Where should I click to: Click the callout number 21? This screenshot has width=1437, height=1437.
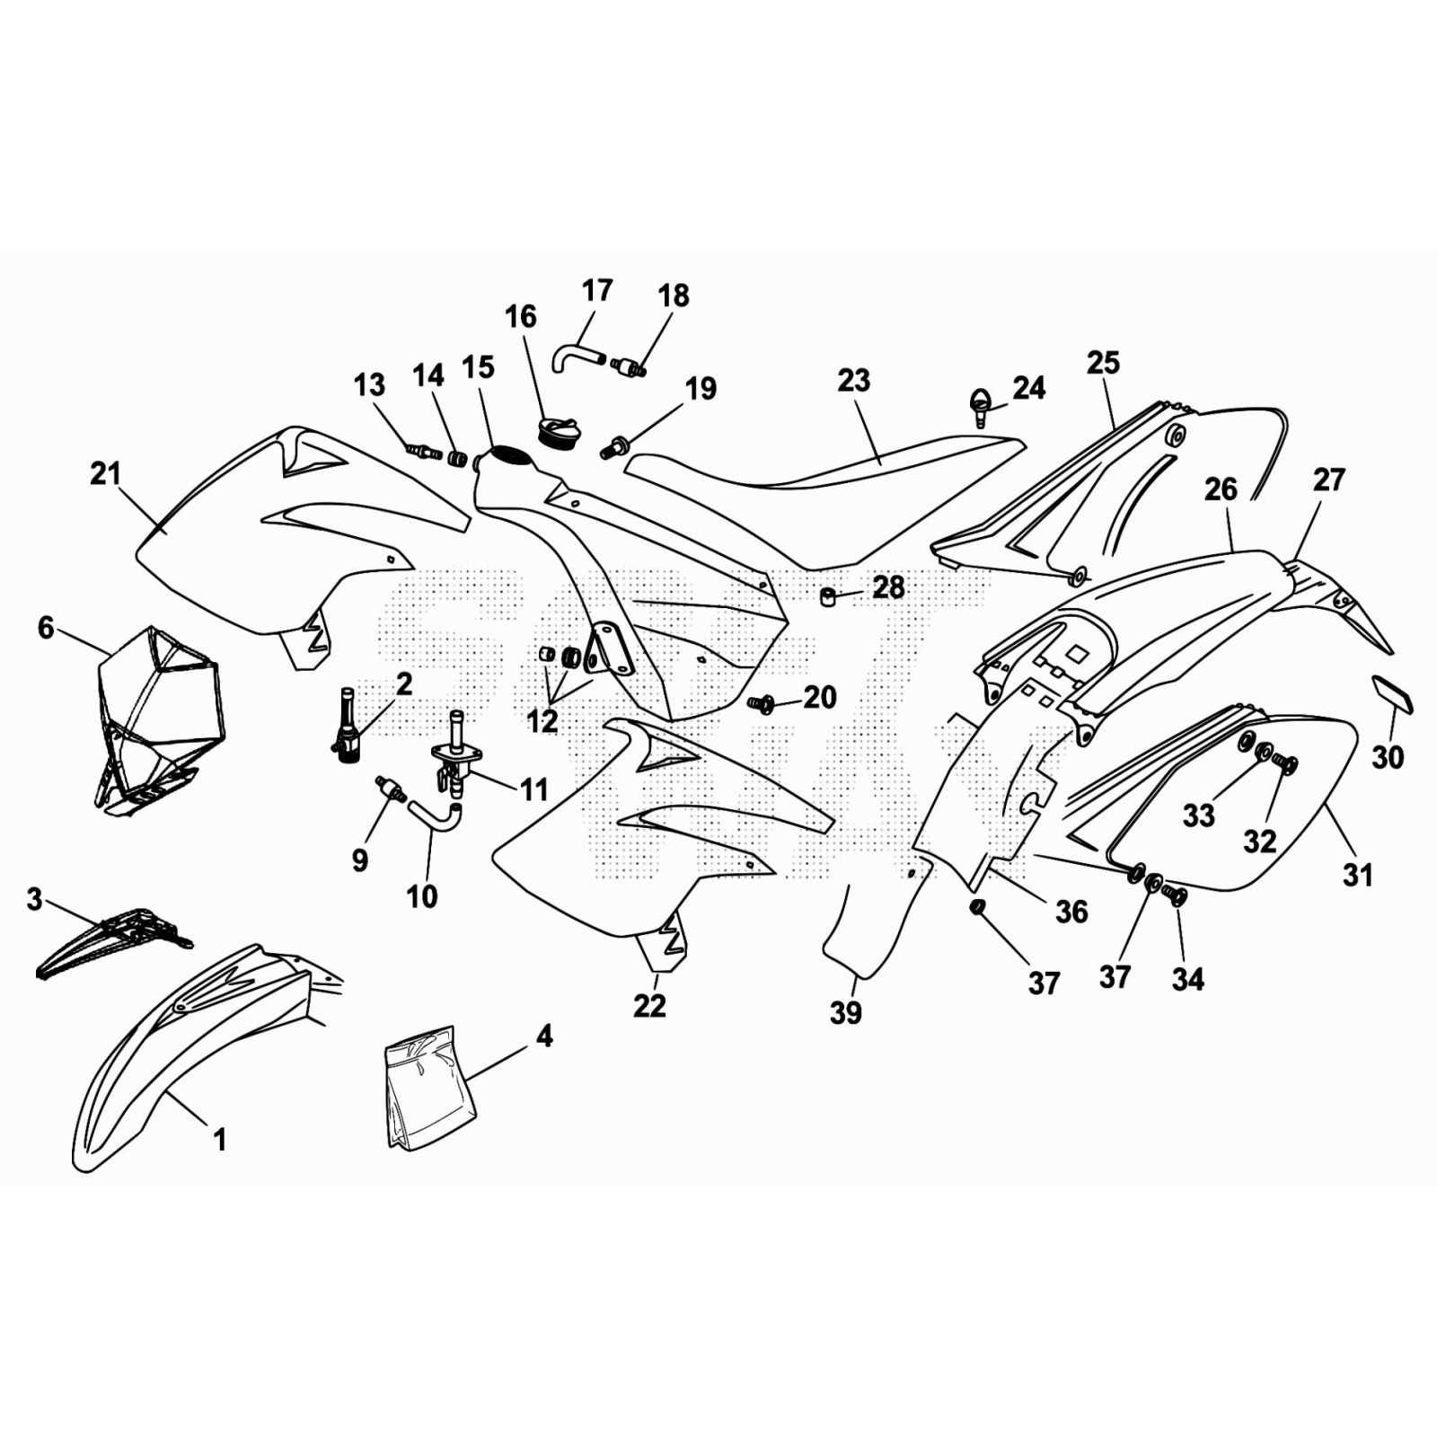click(105, 474)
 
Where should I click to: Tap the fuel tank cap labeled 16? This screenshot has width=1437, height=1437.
click(557, 432)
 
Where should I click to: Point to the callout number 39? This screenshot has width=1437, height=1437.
click(846, 1012)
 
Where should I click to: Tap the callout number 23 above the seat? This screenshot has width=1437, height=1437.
click(853, 381)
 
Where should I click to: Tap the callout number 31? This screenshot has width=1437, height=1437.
click(1357, 874)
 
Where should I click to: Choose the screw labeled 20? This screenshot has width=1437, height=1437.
click(762, 704)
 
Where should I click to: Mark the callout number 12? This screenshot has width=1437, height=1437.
click(542, 720)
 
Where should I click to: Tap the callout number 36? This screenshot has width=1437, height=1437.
click(1071, 912)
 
